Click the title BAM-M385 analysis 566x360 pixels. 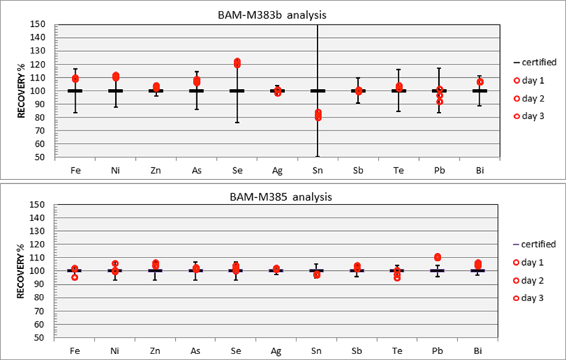pos(283,198)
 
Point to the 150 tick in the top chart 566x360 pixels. pos(39,24)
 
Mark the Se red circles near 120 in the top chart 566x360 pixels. pos(237,63)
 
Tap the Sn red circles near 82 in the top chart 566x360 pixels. pos(317,114)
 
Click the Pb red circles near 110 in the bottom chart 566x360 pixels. pos(437,257)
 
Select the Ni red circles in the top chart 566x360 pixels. pos(116,76)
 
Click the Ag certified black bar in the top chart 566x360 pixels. pos(277,90)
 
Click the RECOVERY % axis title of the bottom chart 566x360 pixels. pos(20,271)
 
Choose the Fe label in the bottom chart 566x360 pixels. pos(74,350)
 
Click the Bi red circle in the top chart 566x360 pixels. pos(480,82)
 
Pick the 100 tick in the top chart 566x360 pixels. pos(39,90)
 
